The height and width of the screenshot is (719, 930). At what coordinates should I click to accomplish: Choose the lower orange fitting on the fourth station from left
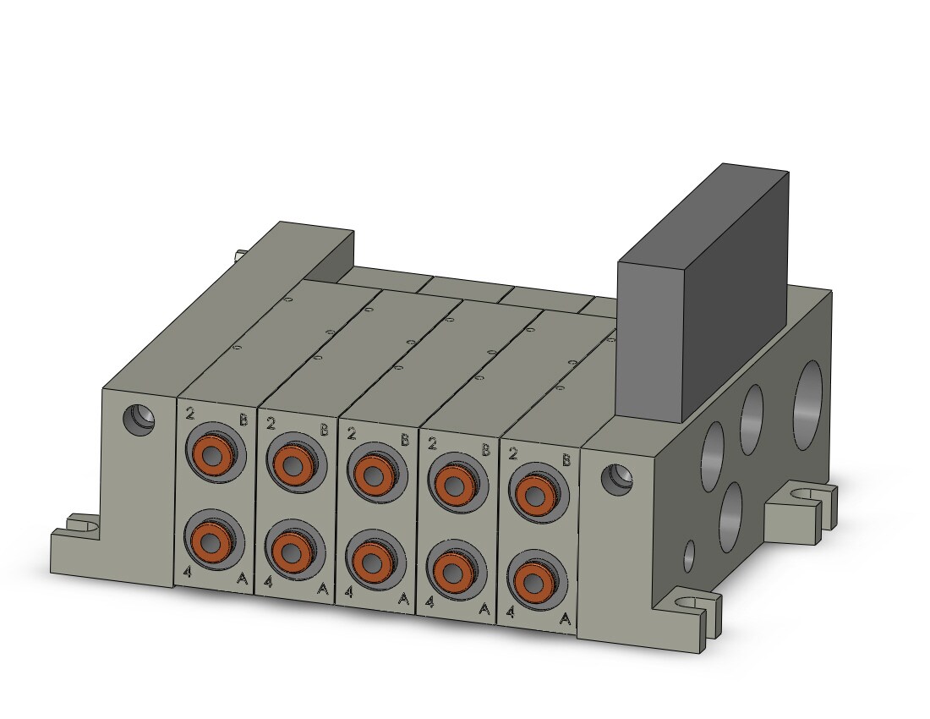[452, 570]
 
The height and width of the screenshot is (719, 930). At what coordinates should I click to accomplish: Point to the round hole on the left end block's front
[138, 419]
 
